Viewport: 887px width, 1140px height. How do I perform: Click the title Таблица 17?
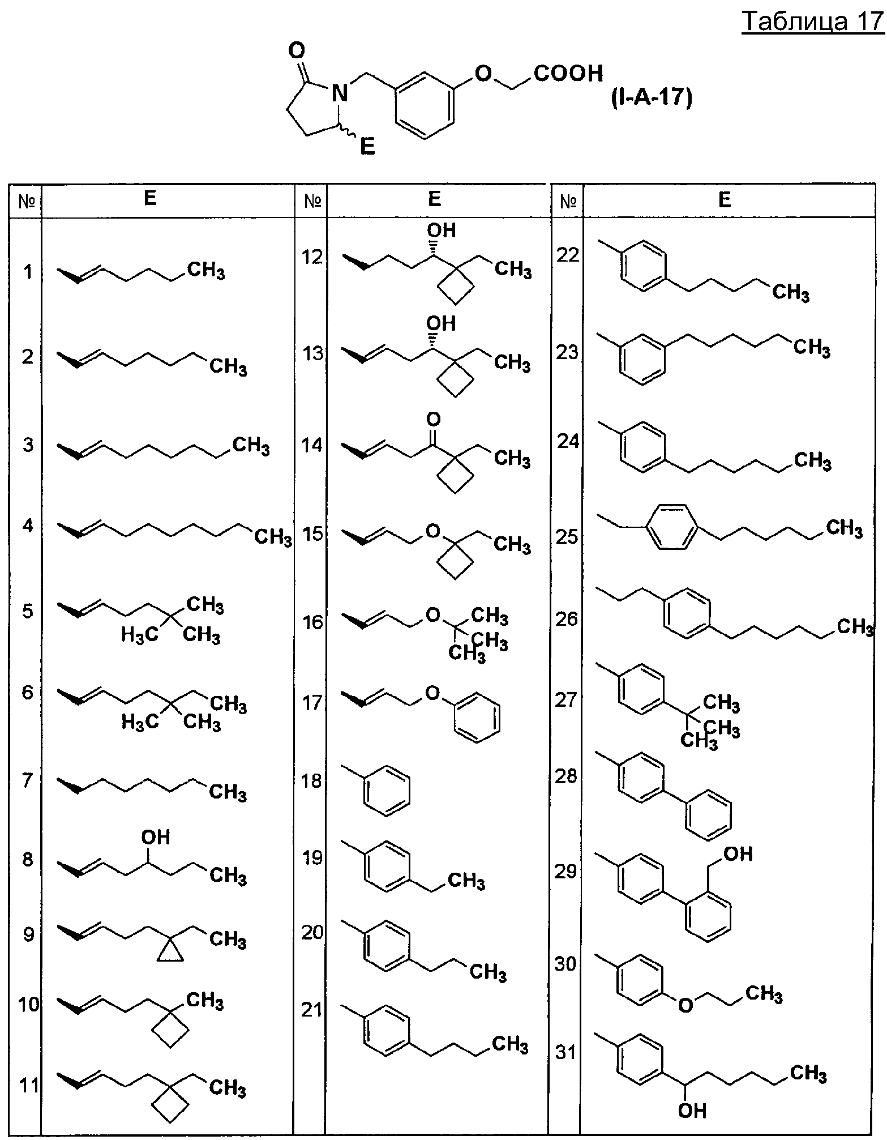pos(813,22)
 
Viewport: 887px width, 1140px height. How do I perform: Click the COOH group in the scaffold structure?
pos(568,73)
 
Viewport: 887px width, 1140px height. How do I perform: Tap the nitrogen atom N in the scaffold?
pos(339,92)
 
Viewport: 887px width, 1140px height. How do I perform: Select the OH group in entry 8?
pos(156,836)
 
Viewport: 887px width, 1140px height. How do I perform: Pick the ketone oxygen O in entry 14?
pos(433,420)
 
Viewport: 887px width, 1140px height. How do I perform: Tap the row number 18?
pos(312,780)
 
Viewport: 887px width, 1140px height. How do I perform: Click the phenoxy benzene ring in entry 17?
pos(478,717)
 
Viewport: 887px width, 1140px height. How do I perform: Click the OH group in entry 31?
pos(692,1111)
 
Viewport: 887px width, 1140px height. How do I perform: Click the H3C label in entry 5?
pos(140,635)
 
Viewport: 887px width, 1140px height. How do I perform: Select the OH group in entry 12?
pos(442,230)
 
